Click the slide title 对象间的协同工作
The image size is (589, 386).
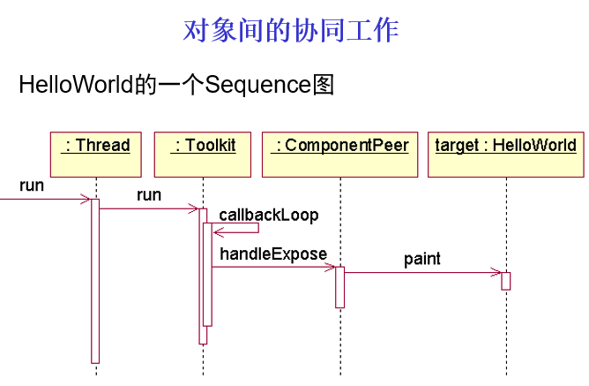pos(291,29)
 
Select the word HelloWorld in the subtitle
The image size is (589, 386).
pos(76,86)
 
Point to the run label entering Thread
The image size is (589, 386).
pos(32,186)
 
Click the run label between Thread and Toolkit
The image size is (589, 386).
pos(149,195)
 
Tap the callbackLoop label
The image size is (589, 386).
pos(268,215)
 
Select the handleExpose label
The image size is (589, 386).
pos(273,254)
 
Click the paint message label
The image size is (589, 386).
pos(421,259)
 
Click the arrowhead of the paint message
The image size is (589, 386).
pos(498,273)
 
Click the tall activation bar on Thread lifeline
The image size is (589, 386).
pos(95,283)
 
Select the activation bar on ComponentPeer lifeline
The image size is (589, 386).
pos(339,287)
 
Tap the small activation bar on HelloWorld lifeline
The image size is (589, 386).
pos(506,281)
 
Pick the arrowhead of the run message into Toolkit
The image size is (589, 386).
pos(195,209)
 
